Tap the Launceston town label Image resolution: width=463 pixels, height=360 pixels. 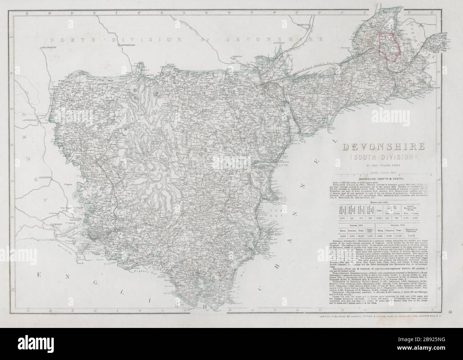pyautogui.click(x=28, y=121)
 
